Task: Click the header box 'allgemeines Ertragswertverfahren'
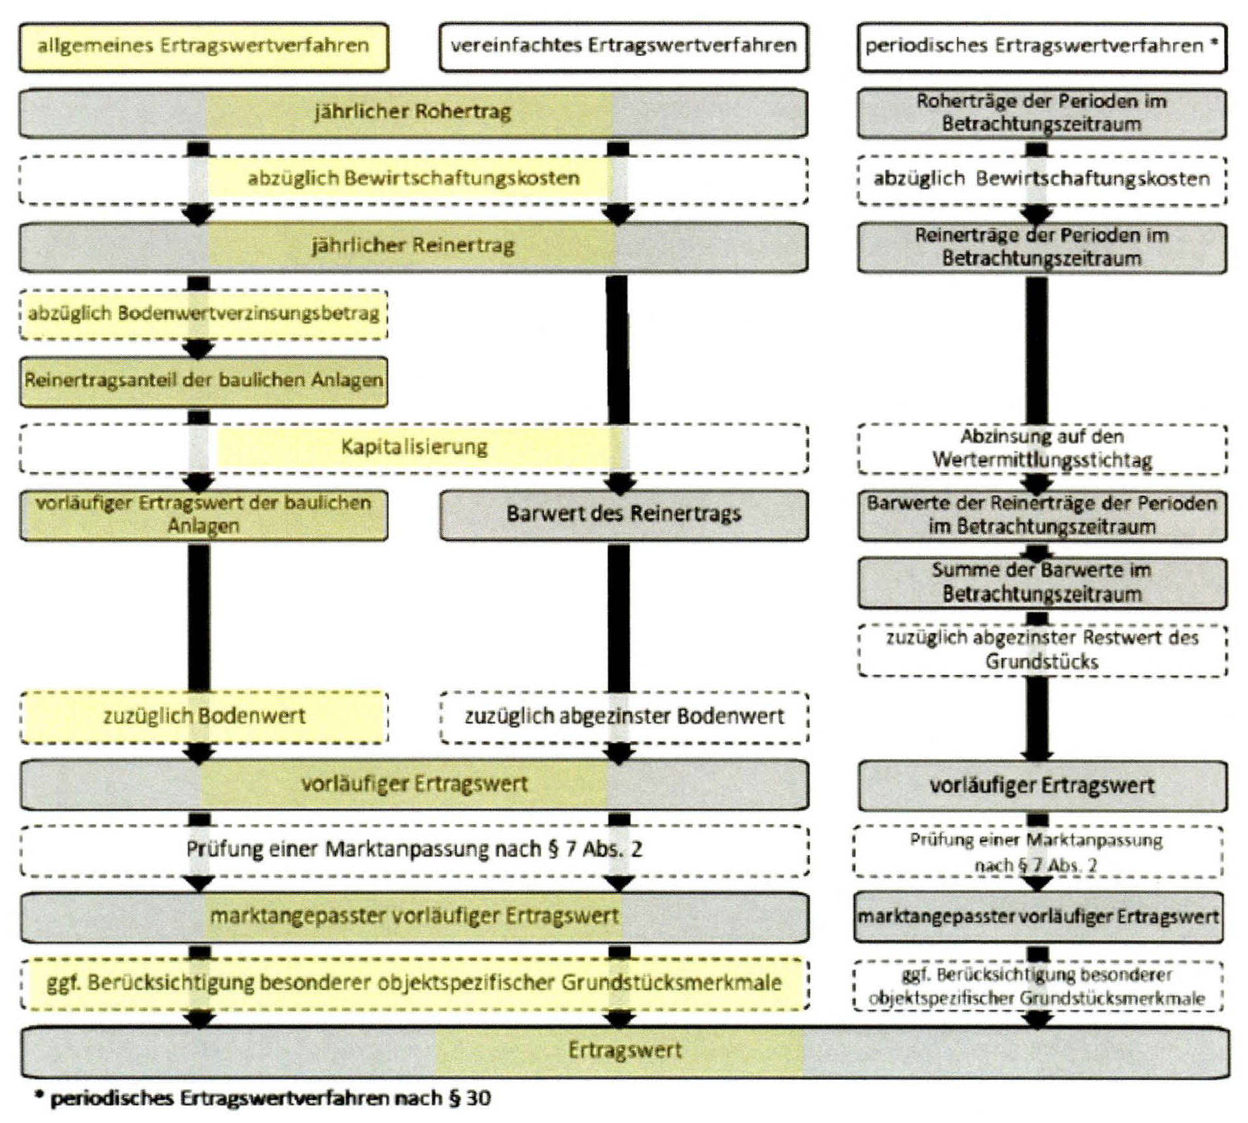point(203,46)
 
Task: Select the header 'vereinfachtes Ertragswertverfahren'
point(623,46)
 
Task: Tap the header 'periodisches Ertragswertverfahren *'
point(1041,46)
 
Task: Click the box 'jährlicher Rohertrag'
point(413,113)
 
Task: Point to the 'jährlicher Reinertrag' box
point(413,247)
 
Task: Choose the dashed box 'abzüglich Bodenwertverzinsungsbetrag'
point(203,314)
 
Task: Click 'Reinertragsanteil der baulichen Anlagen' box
point(203,381)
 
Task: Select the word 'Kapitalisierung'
point(414,448)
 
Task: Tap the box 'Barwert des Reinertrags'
point(623,515)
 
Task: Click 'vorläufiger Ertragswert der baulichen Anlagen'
point(203,515)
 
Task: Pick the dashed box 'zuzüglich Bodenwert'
point(203,717)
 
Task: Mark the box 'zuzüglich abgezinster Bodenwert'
point(623,717)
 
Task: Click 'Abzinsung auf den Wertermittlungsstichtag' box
point(1042,448)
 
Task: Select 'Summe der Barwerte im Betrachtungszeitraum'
point(1042,582)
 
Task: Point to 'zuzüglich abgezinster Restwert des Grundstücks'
point(1042,649)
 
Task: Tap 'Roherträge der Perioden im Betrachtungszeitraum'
point(1042,113)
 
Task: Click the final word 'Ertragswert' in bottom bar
point(625,1051)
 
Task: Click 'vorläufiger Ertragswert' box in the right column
point(1042,786)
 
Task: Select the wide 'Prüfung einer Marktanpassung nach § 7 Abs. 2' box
point(414,849)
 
